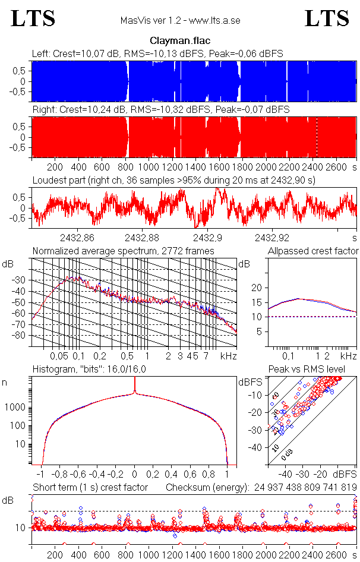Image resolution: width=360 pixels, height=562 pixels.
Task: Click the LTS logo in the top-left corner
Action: [33, 19]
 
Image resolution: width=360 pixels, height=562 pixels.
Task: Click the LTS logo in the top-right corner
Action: [327, 19]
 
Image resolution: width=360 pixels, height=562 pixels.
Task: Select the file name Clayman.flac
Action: [180, 41]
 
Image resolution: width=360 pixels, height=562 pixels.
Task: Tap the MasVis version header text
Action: [180, 21]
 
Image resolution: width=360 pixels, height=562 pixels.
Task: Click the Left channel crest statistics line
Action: [157, 53]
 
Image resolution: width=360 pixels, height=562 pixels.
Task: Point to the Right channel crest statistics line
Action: [160, 110]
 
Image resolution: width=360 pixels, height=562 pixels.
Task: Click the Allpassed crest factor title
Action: [313, 251]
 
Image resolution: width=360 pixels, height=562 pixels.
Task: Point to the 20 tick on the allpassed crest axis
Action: [256, 288]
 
